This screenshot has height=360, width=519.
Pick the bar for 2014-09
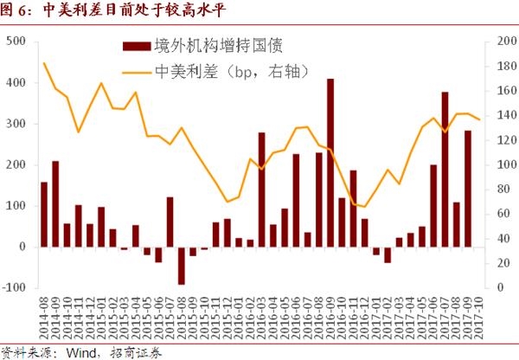tap(55, 203)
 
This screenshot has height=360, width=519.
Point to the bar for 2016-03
tap(261, 190)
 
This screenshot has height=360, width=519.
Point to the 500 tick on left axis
tap(16, 41)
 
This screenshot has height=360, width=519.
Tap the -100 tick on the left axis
tap(15, 287)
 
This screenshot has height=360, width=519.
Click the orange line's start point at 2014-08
tap(44, 63)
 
